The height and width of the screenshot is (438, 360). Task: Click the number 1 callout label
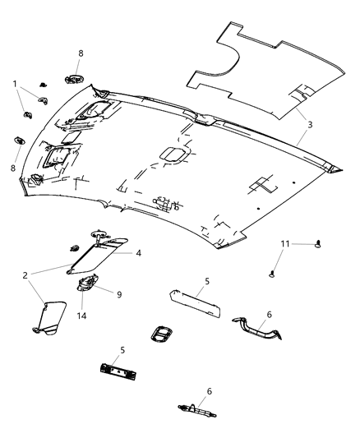click(14, 84)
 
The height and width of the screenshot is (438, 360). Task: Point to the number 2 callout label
click(26, 274)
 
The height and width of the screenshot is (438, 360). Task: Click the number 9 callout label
click(118, 293)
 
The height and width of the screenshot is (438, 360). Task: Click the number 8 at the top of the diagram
click(81, 54)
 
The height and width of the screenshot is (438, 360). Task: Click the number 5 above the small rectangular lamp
click(207, 281)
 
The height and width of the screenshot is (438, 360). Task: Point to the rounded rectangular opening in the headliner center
click(172, 154)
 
